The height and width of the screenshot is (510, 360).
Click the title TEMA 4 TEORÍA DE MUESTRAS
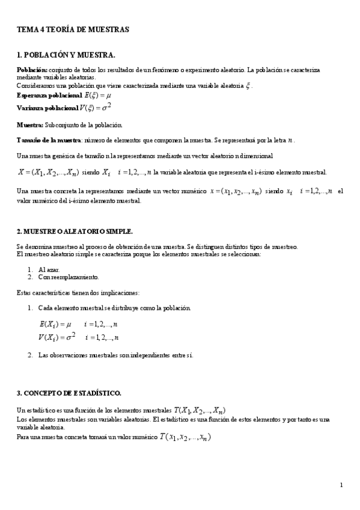73,29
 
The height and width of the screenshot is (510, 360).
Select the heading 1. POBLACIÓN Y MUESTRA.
66,55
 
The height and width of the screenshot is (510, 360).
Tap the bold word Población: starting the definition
31,70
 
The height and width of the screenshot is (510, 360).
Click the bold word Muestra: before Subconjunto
29,125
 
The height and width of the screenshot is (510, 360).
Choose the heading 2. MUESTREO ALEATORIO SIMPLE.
75,232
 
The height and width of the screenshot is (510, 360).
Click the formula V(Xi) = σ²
57,337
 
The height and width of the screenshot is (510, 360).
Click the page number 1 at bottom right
341,485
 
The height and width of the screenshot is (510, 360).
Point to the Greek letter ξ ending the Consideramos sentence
248,86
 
